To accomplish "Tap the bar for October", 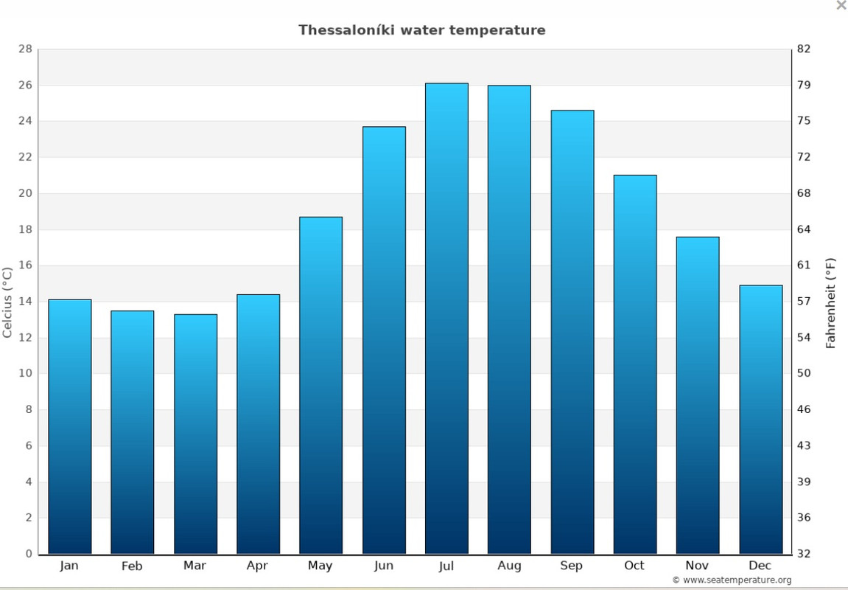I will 634,364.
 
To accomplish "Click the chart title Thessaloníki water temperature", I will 421,30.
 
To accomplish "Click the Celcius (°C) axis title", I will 7,302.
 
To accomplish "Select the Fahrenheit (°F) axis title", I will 831,302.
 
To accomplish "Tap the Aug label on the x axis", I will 509,566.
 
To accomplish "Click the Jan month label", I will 69,566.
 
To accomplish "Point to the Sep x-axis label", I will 572,566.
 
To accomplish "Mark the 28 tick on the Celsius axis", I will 25,49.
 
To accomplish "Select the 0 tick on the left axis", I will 29,554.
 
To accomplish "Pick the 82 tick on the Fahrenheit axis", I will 803,49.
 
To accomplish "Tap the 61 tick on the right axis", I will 803,265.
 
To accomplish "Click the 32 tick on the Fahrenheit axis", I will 803,554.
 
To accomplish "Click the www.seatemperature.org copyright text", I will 732,580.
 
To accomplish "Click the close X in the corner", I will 841,5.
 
